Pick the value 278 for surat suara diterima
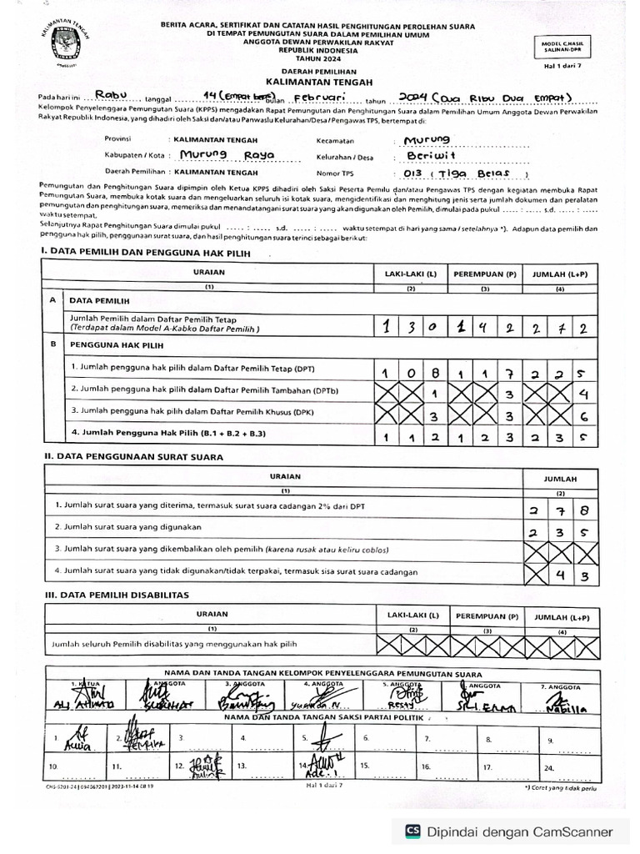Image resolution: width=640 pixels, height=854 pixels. [561, 510]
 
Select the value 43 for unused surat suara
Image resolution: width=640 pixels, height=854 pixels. [573, 575]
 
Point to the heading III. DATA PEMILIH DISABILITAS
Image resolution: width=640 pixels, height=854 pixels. [117, 595]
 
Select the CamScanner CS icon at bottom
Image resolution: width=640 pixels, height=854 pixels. [412, 831]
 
